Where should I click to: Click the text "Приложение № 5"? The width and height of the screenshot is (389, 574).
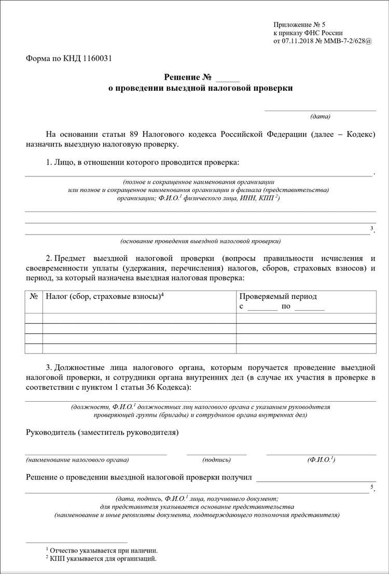coord(299,24)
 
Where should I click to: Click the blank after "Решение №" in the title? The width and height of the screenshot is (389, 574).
coord(228,77)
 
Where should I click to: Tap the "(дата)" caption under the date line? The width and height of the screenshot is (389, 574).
coord(320,116)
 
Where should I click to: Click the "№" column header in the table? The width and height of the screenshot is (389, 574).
coord(34,296)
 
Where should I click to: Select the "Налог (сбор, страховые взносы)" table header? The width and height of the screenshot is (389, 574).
coord(101,296)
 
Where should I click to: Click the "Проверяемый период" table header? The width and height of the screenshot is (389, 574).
coord(278,296)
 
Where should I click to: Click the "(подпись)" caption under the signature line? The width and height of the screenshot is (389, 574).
coord(217,460)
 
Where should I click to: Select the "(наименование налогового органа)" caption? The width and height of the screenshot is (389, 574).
coord(77,460)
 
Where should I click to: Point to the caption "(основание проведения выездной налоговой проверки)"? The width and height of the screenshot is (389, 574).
coord(201,241)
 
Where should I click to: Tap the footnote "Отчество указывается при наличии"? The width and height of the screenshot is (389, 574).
coord(104,550)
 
